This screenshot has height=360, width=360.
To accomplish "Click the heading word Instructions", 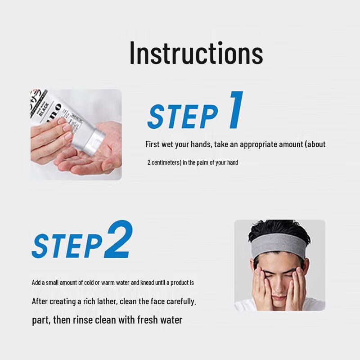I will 196,53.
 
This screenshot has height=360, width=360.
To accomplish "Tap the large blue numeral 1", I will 235,110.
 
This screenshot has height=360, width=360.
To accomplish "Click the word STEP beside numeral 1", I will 183,117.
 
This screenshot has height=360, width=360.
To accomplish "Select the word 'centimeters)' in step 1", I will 166,162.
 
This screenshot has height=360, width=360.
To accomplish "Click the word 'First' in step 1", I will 152,144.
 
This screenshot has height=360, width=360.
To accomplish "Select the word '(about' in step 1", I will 315,144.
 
